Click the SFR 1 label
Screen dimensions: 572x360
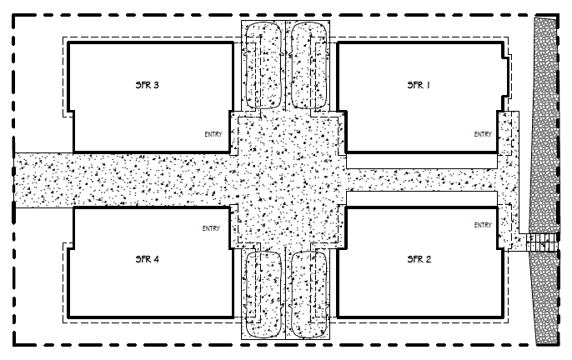419,85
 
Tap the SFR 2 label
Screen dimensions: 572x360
419,259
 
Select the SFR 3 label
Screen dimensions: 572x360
147,85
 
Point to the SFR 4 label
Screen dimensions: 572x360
147,259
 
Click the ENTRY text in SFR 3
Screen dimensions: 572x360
213,134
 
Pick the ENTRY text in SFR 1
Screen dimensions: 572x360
483,134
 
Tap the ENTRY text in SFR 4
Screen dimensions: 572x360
211,228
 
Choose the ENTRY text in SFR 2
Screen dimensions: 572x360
483,225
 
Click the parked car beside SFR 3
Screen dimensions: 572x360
263,65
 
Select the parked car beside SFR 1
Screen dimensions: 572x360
309,65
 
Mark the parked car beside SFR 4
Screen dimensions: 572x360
263,294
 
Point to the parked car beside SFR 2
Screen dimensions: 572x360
309,294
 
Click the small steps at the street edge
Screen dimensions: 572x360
542,242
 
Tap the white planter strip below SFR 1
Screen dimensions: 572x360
422,161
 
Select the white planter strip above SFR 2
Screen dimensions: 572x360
422,199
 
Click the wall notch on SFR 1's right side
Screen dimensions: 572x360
506,77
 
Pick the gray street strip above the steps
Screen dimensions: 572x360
545,124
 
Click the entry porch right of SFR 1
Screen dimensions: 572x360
508,133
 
